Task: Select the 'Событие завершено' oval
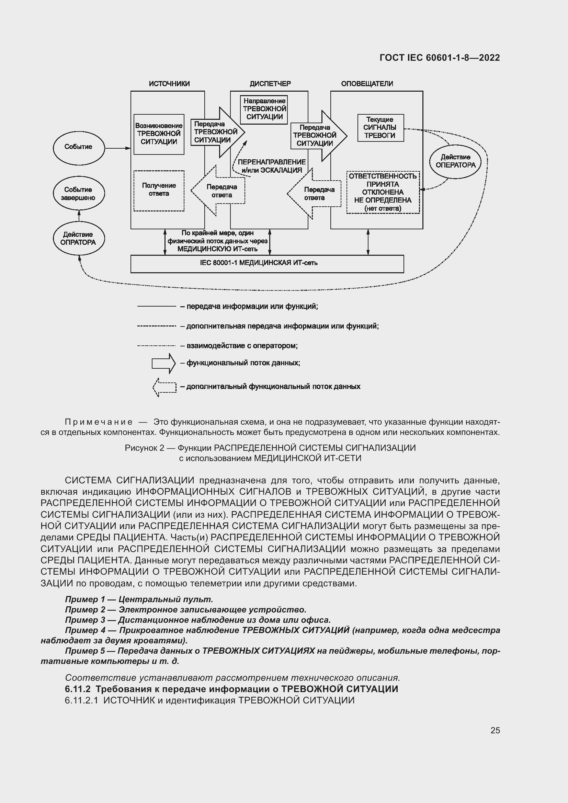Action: (78, 193)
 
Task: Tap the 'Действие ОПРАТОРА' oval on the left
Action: (78, 238)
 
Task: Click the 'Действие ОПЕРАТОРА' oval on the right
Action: (455, 162)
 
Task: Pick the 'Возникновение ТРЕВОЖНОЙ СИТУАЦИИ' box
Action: (159, 134)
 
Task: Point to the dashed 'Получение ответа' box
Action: (159, 191)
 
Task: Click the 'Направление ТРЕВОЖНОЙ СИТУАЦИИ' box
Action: (264, 110)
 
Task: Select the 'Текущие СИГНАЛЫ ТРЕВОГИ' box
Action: (380, 128)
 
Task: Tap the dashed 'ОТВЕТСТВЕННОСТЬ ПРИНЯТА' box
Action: (383, 192)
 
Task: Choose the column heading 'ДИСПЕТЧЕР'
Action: (270, 84)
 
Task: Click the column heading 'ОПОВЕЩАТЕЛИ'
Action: (367, 84)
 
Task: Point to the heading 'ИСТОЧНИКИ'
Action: (169, 84)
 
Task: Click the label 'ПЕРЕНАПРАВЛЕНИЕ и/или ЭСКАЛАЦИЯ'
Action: (271, 166)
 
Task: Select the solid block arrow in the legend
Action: (163, 363)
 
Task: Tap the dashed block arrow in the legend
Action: (164, 387)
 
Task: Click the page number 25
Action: (495, 730)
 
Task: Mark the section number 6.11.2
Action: (78, 689)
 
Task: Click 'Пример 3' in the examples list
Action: (85, 620)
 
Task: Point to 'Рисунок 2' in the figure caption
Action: (144, 448)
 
